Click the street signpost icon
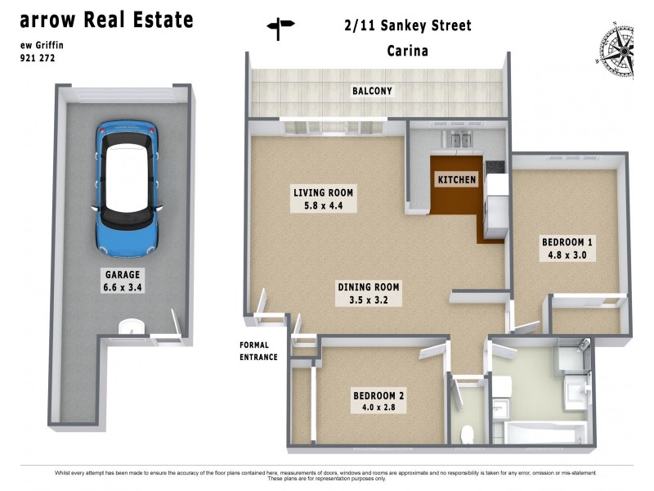click(280, 29)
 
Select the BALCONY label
click(372, 91)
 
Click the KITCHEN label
click(456, 180)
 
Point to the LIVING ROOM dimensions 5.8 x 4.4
click(323, 207)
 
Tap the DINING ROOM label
click(369, 286)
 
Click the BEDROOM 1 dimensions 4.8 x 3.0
click(567, 255)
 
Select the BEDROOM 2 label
click(379, 395)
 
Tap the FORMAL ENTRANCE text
click(258, 351)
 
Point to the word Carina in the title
click(408, 51)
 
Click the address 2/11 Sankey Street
click(408, 26)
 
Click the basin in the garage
click(130, 328)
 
